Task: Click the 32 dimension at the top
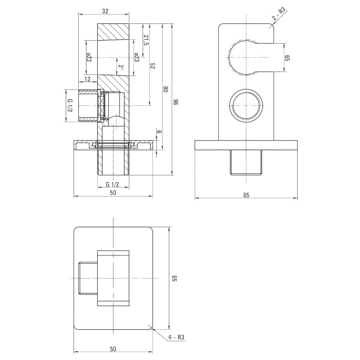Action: (x=105, y=11)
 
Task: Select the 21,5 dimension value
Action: (x=146, y=40)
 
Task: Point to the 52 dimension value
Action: (x=152, y=66)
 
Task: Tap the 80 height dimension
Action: (x=165, y=89)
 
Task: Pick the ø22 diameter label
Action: (x=89, y=57)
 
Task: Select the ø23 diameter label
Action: (x=137, y=57)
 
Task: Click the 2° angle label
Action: (x=121, y=67)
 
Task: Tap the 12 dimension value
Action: (x=88, y=79)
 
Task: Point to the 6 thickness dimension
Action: (x=159, y=132)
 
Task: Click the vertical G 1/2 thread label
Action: (x=70, y=105)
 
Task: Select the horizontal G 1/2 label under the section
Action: (x=112, y=184)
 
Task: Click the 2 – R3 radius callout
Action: (x=279, y=14)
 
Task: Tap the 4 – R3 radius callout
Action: (x=176, y=337)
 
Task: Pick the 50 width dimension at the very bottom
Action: (x=113, y=349)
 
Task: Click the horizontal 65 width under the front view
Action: (x=246, y=195)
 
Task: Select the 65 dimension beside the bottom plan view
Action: (x=174, y=278)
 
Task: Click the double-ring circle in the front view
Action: (x=246, y=105)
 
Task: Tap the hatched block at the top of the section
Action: (x=113, y=32)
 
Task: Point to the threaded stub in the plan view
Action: (x=88, y=278)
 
